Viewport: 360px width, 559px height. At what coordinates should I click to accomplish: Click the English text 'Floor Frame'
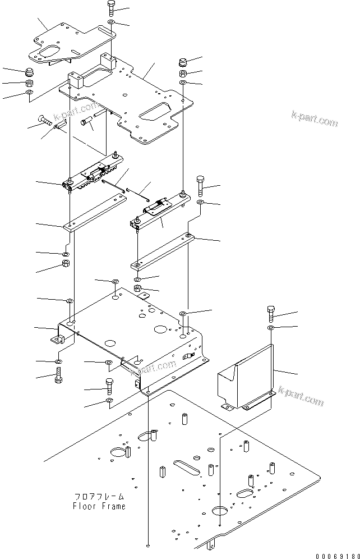pyautogui.click(x=99, y=506)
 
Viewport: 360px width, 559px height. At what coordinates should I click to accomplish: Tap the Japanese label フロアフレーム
pyautogui.click(x=99, y=497)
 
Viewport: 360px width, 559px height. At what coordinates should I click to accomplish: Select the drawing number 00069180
pyautogui.click(x=335, y=553)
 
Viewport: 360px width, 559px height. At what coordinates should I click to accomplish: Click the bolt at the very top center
pyautogui.click(x=110, y=8)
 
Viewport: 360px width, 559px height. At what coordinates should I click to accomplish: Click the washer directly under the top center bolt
pyautogui.click(x=111, y=22)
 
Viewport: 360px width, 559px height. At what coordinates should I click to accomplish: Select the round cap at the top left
pyautogui.click(x=29, y=72)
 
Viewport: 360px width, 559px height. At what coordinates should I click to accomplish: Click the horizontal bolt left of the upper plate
pyautogui.click(x=44, y=118)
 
